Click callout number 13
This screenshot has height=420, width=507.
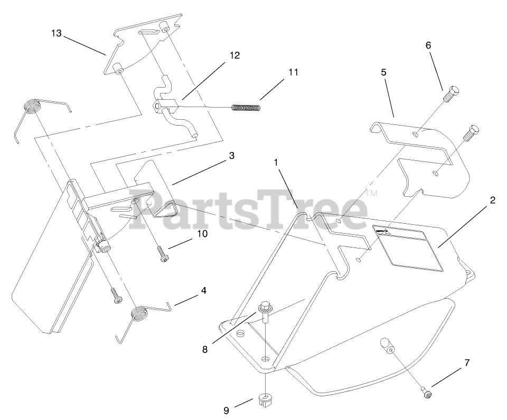pos(57,33)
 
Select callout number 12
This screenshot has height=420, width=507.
pos(234,55)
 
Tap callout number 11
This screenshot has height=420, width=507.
pos(293,72)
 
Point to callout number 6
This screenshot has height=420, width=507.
pos(428,45)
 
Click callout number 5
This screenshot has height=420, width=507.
pos(384,72)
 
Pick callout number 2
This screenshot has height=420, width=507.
pos(492,200)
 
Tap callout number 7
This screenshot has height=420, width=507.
pos(467,363)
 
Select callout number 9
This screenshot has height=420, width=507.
pos(226,411)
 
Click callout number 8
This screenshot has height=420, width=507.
pos(204,349)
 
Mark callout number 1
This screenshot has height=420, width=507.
pos(276,163)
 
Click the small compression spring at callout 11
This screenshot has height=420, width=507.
pos(247,108)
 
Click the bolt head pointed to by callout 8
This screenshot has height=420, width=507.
pos(264,308)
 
